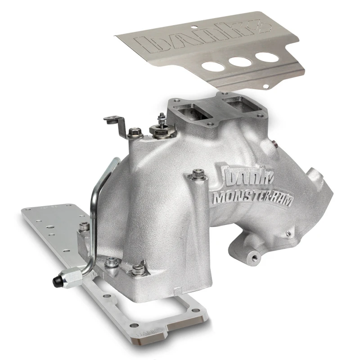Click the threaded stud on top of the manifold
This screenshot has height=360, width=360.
pos(161,119)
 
